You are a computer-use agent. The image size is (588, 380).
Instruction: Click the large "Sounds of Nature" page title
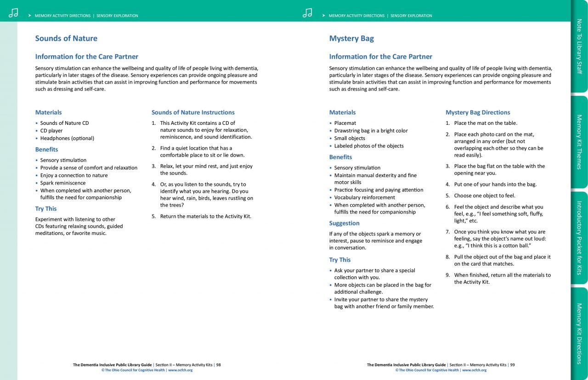pos(66,39)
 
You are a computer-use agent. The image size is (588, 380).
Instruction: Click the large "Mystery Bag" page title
pos(351,39)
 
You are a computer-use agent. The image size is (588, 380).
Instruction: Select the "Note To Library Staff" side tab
pos(579,46)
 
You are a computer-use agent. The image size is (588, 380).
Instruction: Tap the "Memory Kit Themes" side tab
pos(579,142)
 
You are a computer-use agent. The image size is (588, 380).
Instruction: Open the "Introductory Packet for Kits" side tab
pos(579,238)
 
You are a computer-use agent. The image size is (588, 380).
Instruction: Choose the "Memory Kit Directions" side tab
pos(579,333)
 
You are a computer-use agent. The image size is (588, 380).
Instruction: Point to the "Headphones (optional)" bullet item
pos(67,138)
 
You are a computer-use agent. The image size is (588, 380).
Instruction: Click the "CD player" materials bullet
pos(51,131)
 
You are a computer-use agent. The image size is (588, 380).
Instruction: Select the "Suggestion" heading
pos(344,224)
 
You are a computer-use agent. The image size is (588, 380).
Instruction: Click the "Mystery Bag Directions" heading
pos(478,112)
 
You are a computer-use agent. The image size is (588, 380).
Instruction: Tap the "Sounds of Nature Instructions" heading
pos(193,112)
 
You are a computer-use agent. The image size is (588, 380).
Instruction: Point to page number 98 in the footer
pos(219,365)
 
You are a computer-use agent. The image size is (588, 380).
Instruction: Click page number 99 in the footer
pos(512,365)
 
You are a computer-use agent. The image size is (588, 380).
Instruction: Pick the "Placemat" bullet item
pos(345,123)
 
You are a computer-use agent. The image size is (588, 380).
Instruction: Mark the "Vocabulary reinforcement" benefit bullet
pos(364,197)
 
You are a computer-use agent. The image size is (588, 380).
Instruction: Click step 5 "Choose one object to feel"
pos(484,196)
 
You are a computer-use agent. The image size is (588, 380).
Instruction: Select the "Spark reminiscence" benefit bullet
pos(63,183)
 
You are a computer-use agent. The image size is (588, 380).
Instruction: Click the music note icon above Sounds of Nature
pos(13,13)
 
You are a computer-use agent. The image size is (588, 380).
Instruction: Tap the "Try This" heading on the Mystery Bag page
pos(340,260)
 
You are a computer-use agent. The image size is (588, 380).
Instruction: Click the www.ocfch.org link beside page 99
pos(474,370)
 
